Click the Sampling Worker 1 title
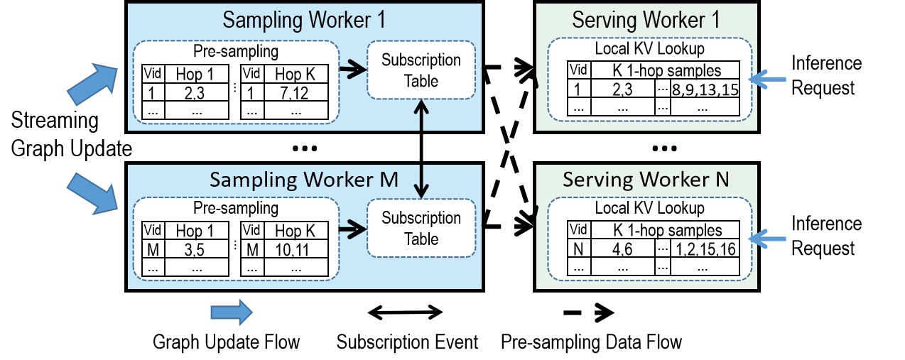(x=304, y=19)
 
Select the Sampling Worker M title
(x=304, y=179)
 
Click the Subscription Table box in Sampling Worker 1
(x=421, y=70)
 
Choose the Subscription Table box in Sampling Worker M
(x=421, y=228)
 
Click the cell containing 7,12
(x=288, y=92)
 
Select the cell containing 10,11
(x=288, y=250)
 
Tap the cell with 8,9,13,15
(x=705, y=89)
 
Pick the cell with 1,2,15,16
(x=705, y=249)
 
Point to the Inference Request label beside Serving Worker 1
(x=826, y=75)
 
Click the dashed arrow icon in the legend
(x=590, y=312)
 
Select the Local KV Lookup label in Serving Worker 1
(x=649, y=49)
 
